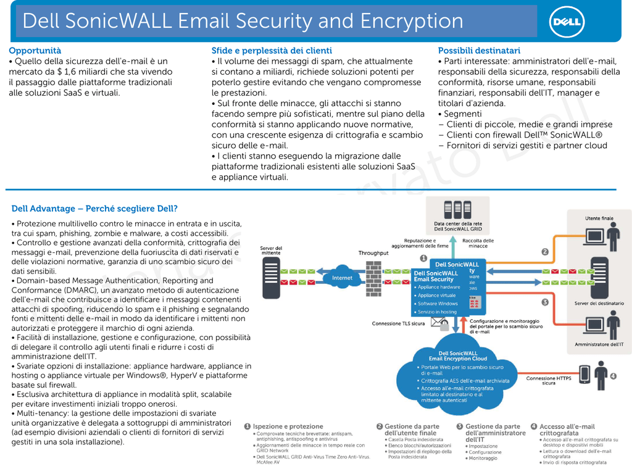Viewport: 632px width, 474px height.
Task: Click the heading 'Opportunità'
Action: [35, 51]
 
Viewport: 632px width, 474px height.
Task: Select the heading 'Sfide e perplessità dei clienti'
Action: [272, 51]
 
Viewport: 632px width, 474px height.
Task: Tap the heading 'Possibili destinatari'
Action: [479, 51]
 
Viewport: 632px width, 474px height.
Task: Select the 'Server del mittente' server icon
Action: [271, 276]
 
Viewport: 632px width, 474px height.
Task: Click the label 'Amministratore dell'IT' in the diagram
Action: [599, 344]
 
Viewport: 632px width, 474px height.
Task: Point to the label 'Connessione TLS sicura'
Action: [398, 323]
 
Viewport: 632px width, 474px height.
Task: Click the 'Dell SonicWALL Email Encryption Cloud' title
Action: [458, 356]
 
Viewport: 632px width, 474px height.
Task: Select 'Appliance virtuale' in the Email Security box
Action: [437, 296]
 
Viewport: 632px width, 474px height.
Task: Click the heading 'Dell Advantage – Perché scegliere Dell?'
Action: [94, 209]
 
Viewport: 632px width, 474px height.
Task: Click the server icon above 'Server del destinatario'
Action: [598, 276]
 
